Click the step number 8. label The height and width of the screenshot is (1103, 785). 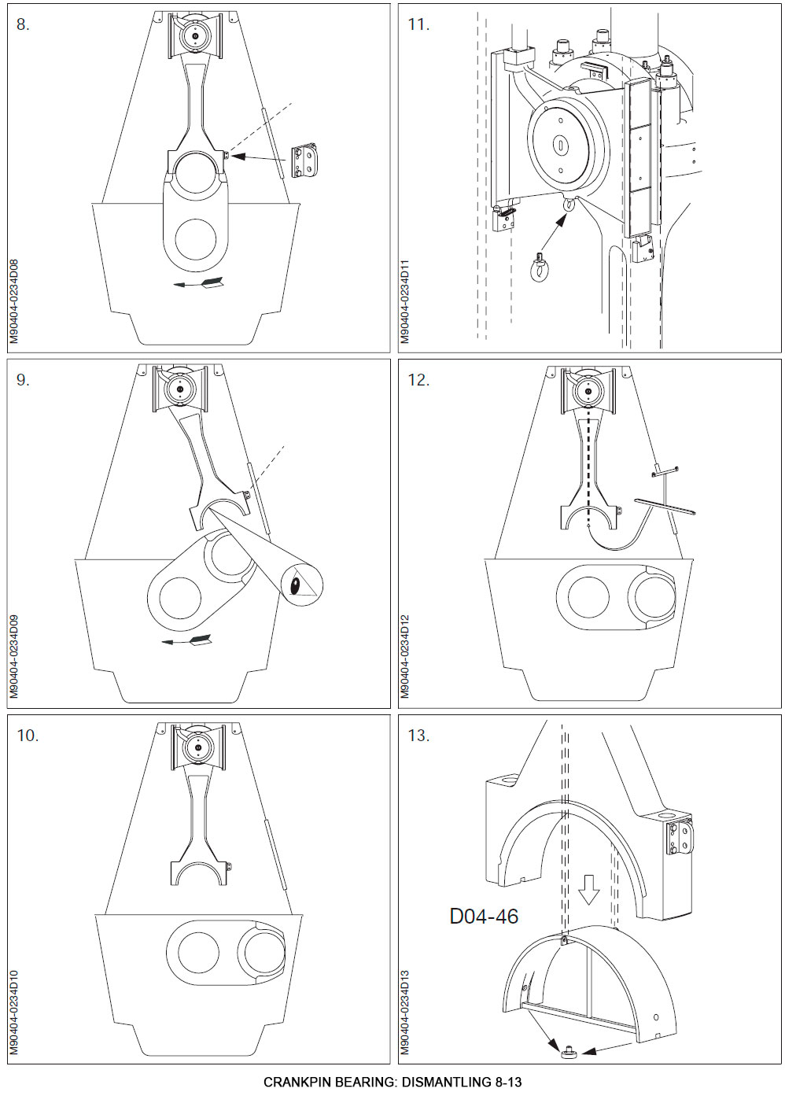click(x=23, y=24)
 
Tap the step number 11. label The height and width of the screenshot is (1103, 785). click(x=418, y=24)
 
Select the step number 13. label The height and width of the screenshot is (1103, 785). click(x=418, y=736)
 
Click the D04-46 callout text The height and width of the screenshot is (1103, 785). click(x=484, y=916)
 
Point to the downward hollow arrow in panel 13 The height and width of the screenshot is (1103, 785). click(x=588, y=890)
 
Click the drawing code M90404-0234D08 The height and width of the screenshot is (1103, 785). click(x=13, y=301)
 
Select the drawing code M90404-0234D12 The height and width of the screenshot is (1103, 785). click(x=405, y=656)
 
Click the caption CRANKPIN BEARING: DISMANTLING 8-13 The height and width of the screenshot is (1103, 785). click(x=392, y=1082)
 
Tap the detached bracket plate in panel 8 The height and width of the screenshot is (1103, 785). click(x=305, y=161)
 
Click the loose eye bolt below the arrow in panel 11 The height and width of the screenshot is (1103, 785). click(x=540, y=268)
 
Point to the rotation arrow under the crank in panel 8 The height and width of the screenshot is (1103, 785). click(x=197, y=282)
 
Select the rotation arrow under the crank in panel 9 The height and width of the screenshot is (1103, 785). click(x=186, y=640)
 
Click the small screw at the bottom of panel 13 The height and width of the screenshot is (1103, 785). click(x=567, y=1051)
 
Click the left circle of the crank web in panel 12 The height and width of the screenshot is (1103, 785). click(x=588, y=596)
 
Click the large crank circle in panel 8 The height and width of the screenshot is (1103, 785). click(x=196, y=239)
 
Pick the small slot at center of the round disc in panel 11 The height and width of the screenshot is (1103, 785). click(x=559, y=145)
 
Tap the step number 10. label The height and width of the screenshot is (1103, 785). click(x=27, y=736)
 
